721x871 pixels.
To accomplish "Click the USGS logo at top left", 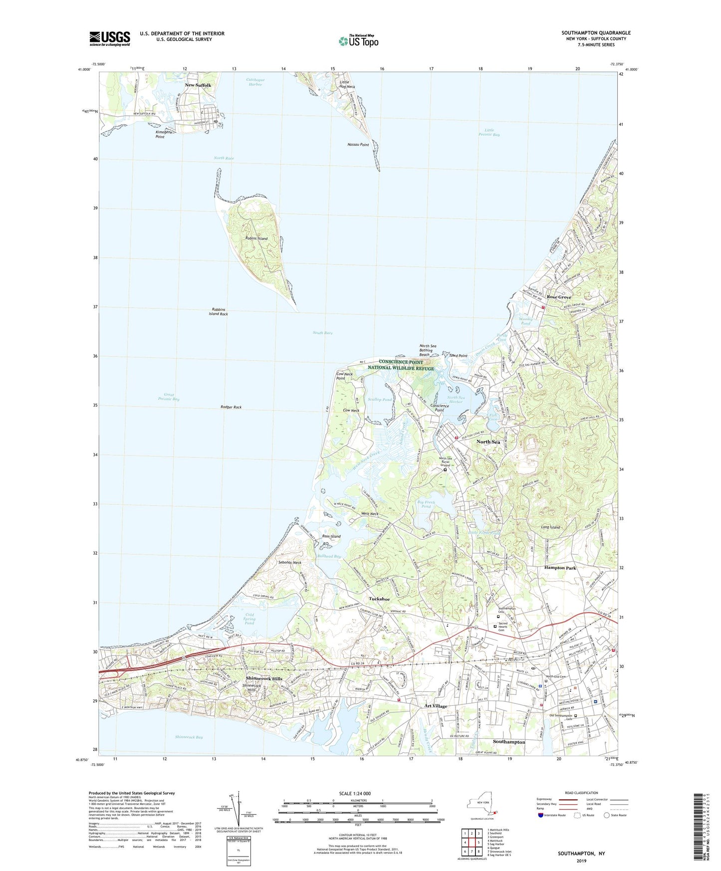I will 110,38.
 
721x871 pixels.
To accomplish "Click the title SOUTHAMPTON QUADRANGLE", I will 596,33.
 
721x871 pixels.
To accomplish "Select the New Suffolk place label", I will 198,85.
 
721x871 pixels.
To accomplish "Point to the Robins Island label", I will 256,238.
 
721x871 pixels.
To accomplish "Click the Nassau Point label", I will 358,145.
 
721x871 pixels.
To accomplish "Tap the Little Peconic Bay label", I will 489,132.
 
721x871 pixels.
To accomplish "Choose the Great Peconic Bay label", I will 169,397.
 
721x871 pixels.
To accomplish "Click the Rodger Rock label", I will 231,408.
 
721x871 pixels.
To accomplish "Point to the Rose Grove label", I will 559,297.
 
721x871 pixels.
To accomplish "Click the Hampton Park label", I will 560,568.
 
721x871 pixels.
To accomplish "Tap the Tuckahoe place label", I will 379,599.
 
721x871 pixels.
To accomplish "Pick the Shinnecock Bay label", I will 189,737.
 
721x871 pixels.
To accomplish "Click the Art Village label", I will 436,706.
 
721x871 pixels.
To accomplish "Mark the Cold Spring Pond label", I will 249,619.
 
